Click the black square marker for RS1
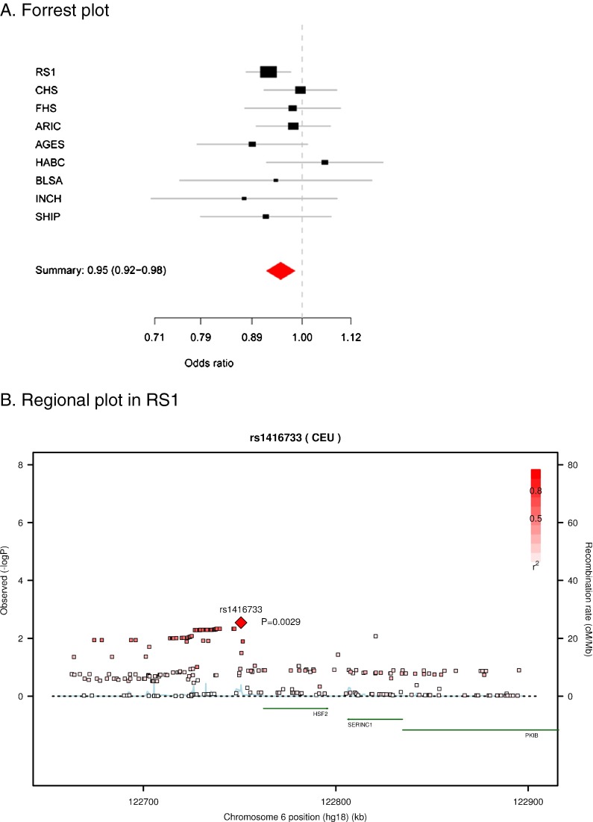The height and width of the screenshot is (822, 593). (x=269, y=72)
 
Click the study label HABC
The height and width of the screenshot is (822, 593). (x=49, y=162)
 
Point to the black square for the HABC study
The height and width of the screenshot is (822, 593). (x=324, y=162)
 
